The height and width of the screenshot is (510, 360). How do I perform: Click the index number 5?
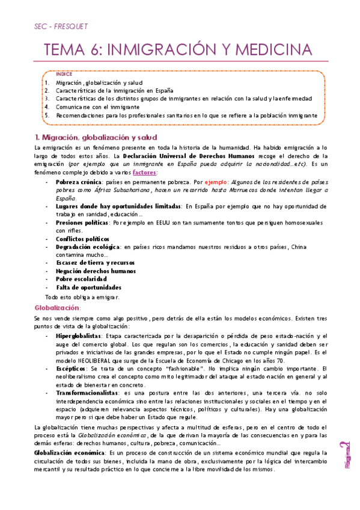46,114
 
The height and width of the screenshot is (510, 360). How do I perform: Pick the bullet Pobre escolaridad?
81,279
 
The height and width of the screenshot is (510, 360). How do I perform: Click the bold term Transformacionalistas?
87,392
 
